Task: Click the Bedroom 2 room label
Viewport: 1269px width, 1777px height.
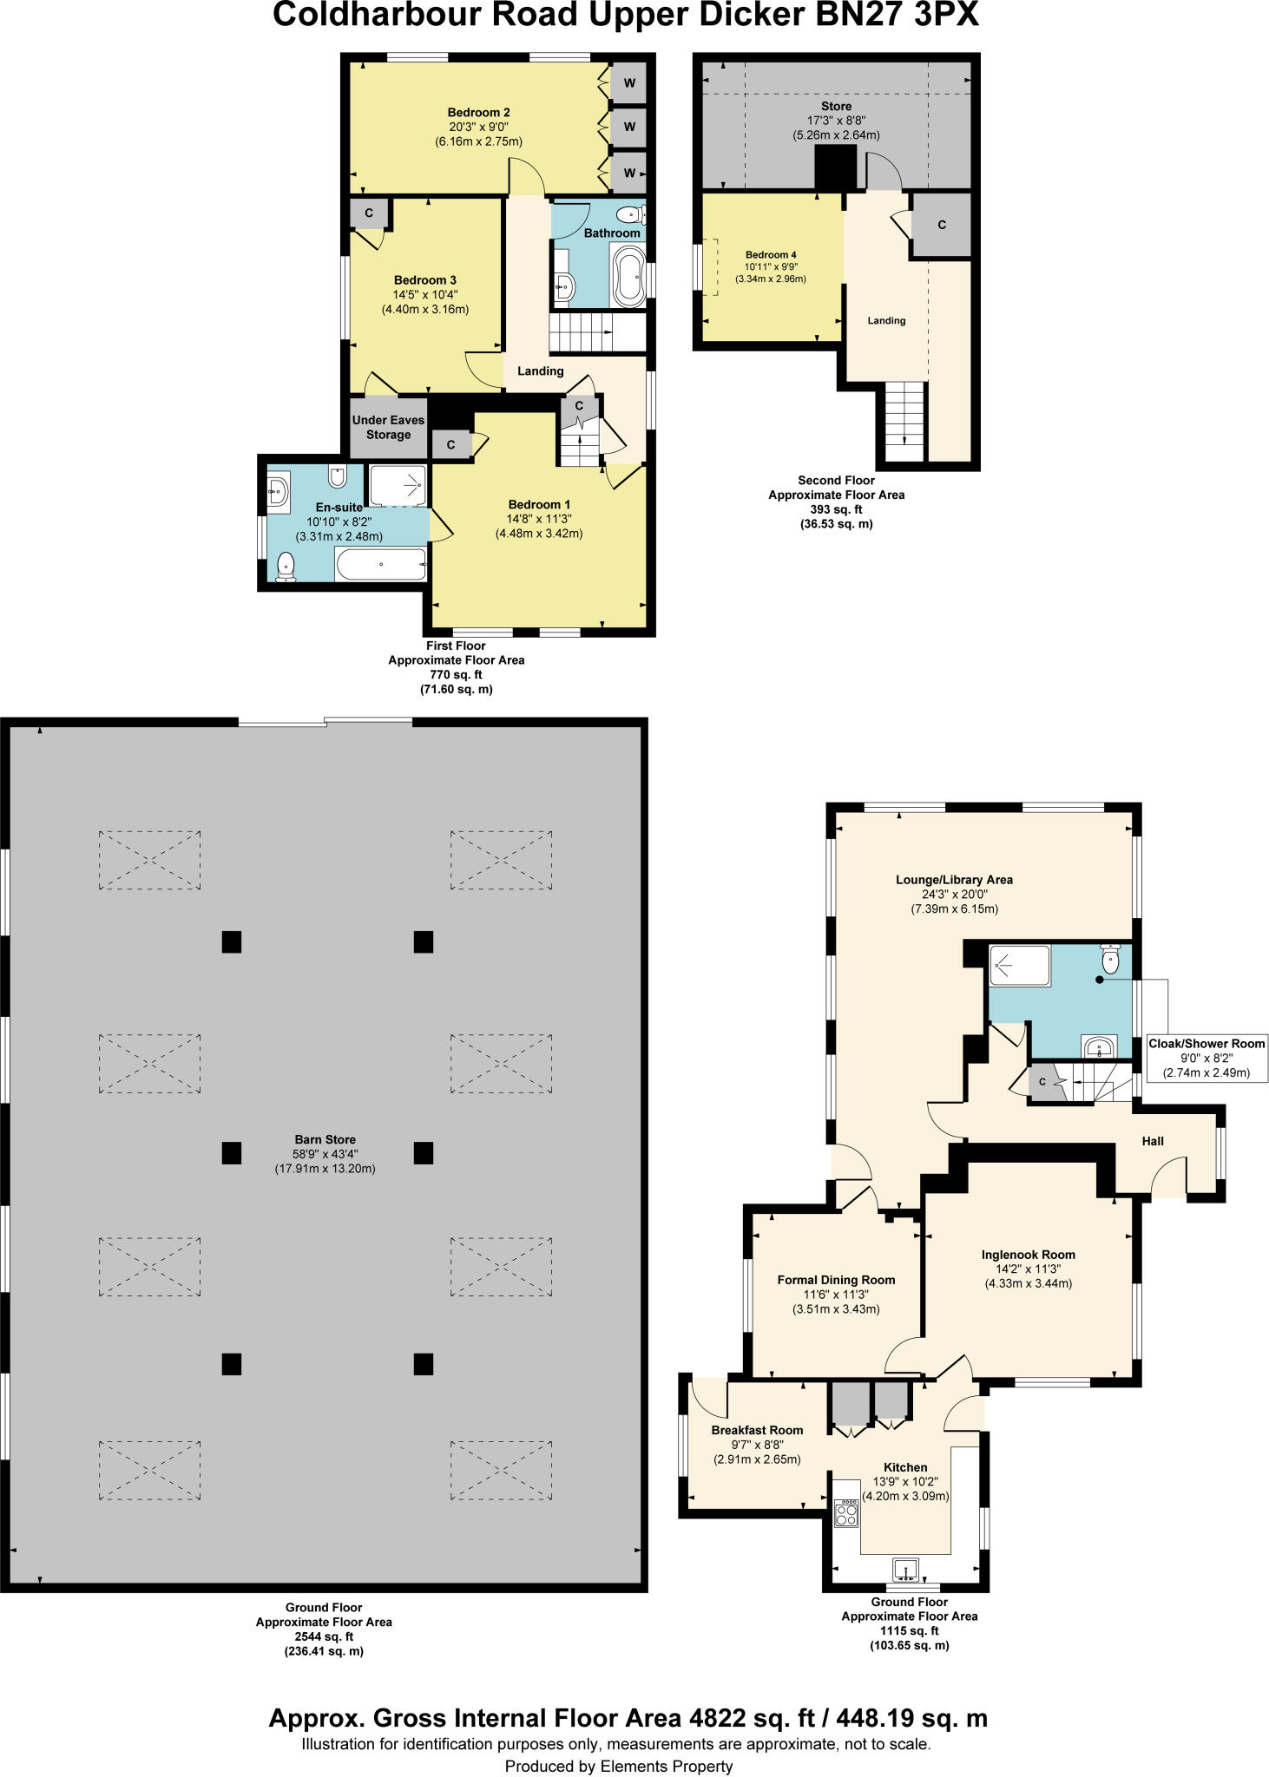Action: click(x=478, y=112)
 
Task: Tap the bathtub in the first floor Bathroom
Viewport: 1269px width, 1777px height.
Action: click(x=628, y=275)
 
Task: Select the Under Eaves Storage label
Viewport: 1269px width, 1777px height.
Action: click(x=388, y=427)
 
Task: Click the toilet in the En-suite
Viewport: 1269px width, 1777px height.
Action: click(x=286, y=567)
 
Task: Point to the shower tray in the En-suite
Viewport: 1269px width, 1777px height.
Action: click(x=398, y=485)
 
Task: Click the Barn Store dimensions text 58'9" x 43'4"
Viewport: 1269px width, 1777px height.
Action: click(x=325, y=1154)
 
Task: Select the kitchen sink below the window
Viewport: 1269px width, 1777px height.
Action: click(x=905, y=1568)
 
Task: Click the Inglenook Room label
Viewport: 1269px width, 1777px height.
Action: click(x=1028, y=1255)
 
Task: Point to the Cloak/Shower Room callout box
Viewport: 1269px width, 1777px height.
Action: click(x=1207, y=1057)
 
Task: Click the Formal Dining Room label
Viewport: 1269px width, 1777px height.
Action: click(x=836, y=1280)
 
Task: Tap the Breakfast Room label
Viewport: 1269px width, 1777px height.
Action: click(x=757, y=1430)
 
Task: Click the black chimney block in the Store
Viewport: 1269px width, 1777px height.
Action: click(x=835, y=167)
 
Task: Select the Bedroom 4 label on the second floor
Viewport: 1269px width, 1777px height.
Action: click(x=770, y=255)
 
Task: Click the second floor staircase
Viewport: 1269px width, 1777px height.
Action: click(x=904, y=421)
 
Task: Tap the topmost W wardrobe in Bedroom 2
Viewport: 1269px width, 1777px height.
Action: click(x=629, y=83)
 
